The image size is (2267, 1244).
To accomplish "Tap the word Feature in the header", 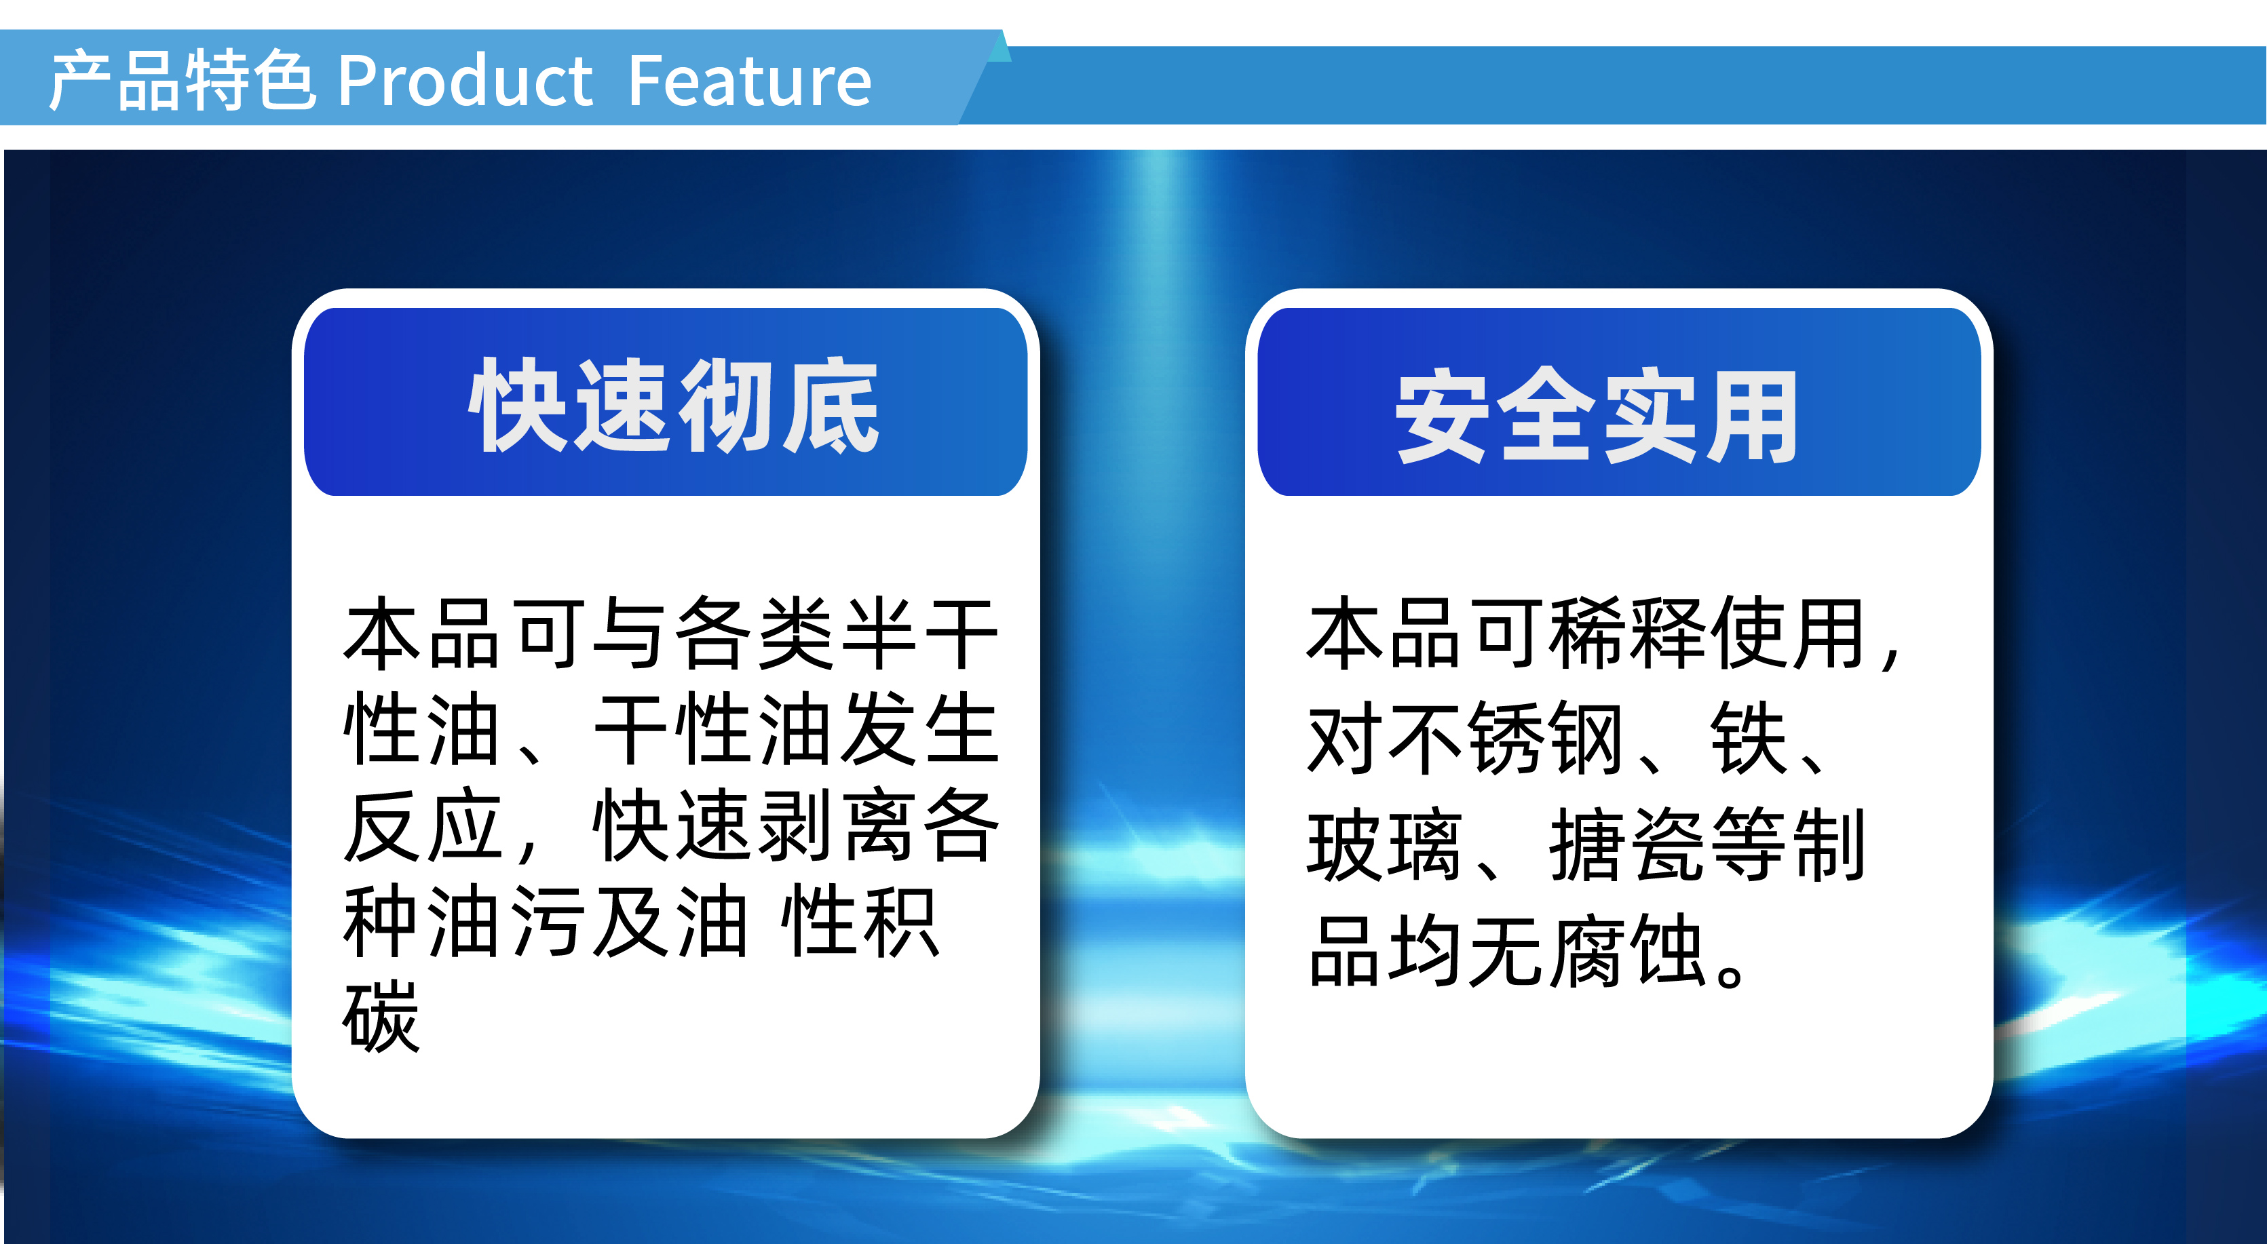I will [x=749, y=81].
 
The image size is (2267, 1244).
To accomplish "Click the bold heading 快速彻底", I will [x=674, y=406].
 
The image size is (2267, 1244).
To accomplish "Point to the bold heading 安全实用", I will [x=1597, y=415].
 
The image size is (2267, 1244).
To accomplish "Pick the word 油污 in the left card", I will [x=507, y=921].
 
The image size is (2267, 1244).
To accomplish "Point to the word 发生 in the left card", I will [x=919, y=728].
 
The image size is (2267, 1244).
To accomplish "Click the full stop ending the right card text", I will [x=1730, y=972].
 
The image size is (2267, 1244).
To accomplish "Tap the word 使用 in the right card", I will [x=1791, y=634].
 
